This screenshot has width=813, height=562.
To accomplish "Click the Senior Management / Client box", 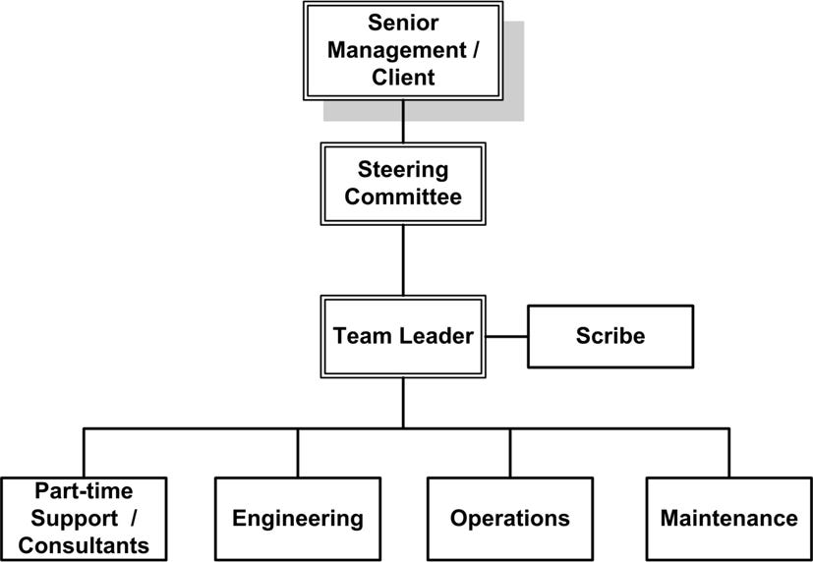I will [403, 50].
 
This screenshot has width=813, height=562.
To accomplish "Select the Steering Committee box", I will [403, 183].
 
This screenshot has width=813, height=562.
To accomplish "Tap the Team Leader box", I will [403, 335].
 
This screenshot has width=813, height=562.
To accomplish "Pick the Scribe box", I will [610, 336].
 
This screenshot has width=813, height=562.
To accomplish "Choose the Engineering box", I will [297, 518].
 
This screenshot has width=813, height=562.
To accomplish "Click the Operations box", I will [509, 518].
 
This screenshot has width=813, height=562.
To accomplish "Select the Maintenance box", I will [728, 518].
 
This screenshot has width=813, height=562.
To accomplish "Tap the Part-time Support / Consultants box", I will [84, 518].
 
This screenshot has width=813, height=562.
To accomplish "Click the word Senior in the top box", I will [403, 22].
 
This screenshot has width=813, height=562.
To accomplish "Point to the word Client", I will [403, 78].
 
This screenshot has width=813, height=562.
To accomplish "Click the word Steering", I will [403, 169].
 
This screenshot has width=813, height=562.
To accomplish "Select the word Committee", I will [403, 197].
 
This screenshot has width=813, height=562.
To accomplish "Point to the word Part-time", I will [84, 489].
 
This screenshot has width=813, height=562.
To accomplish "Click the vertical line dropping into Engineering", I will [297, 452].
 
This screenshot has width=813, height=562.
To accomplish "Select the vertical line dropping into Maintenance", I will [728, 452].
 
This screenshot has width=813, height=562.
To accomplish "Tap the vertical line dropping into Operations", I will [509, 452].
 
